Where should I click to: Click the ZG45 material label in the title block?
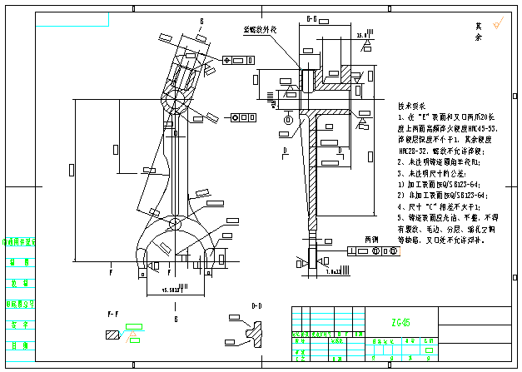pyautogui.click(x=400, y=322)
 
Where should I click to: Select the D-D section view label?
pyautogui.click(x=257, y=306)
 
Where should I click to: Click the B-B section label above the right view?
pyautogui.click(x=313, y=17)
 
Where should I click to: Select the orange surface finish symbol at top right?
pyautogui.click(x=497, y=24)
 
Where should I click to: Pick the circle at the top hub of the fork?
pyautogui.click(x=177, y=102)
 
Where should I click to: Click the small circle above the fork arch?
pyautogui.click(x=175, y=226)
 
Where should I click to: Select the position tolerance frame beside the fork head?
pyautogui.click(x=238, y=61)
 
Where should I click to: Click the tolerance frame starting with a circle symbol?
pyautogui.click(x=245, y=117)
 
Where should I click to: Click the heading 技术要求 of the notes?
pyautogui.click(x=411, y=107)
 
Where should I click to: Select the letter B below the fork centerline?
pyautogui.click(x=176, y=319)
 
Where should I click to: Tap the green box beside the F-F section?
pyautogui.click(x=134, y=325)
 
